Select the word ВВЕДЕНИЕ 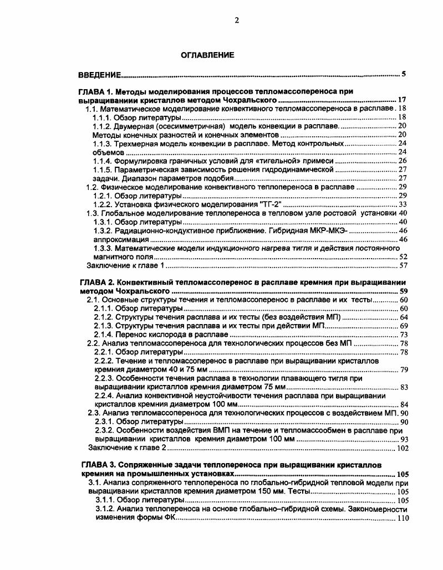click(100, 74)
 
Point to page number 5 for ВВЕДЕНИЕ click(404, 74)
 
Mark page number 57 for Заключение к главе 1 click(403, 266)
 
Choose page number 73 click(404, 335)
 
